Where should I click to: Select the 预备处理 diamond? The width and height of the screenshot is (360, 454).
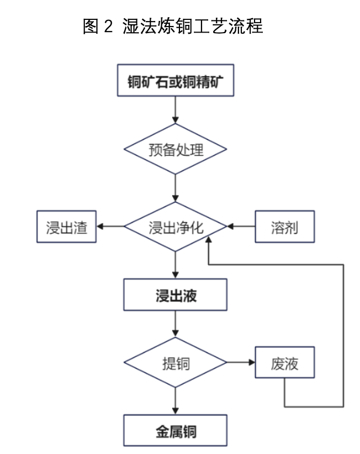click(x=175, y=150)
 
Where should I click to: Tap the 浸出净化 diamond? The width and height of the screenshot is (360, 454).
click(x=175, y=226)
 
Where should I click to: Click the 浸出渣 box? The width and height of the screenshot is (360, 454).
click(x=66, y=226)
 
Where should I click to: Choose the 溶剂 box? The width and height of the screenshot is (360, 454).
click(x=284, y=226)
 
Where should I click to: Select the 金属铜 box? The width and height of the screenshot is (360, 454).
click(x=175, y=431)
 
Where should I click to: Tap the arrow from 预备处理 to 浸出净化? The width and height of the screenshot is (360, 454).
click(x=175, y=187)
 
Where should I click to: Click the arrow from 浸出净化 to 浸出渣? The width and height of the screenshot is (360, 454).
click(x=109, y=226)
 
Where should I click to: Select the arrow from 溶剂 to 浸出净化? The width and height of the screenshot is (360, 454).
click(x=241, y=226)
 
